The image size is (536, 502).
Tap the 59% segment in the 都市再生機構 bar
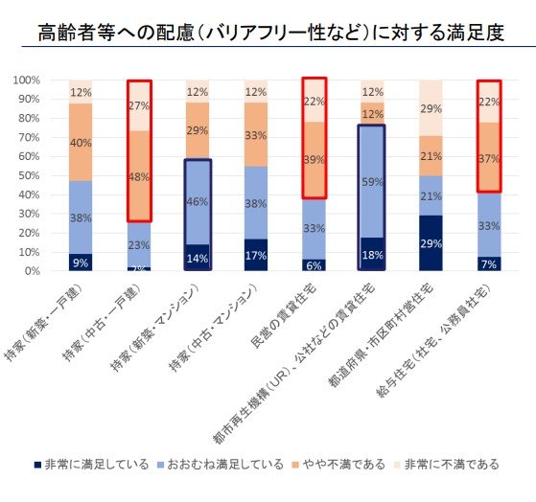click(374, 181)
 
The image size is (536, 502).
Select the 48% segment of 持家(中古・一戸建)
click(140, 176)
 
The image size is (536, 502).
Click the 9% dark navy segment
click(82, 262)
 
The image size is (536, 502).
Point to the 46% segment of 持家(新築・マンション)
click(198, 202)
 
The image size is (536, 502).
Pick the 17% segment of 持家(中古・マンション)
click(257, 255)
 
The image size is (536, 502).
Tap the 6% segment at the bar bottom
click(315, 265)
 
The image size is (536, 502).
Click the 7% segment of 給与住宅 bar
click(490, 263)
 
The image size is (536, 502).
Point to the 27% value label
click(140, 105)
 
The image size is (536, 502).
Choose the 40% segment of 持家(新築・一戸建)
click(82, 142)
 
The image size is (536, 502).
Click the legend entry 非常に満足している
click(85, 464)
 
